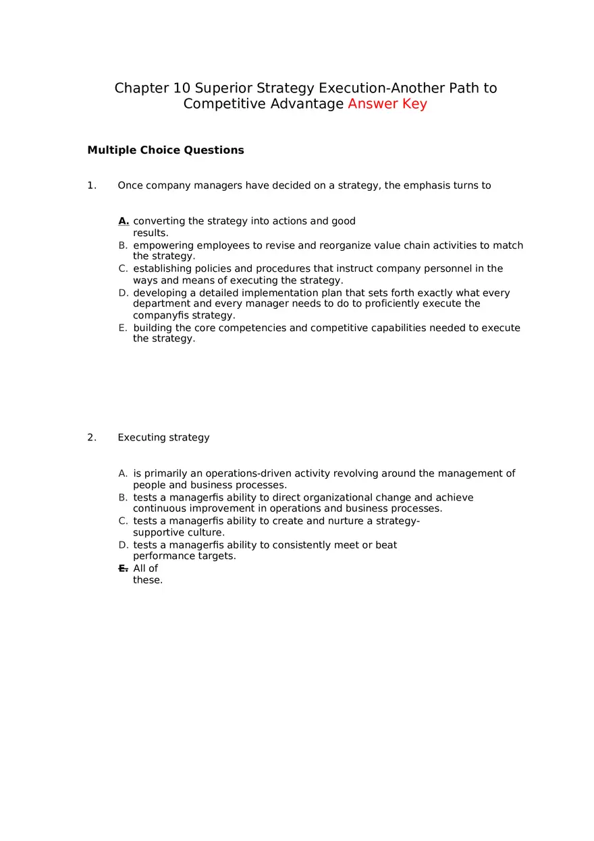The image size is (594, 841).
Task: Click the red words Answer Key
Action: (x=387, y=104)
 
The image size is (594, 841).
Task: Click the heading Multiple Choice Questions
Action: (x=165, y=150)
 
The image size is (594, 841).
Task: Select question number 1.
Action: (x=92, y=185)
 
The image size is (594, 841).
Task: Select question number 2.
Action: (x=92, y=438)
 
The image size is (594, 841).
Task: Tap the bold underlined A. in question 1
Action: (x=124, y=221)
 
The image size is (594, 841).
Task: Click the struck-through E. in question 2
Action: (x=123, y=569)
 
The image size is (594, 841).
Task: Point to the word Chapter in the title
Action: (x=142, y=88)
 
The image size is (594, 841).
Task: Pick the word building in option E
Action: (x=153, y=328)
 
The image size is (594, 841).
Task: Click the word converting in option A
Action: (x=159, y=221)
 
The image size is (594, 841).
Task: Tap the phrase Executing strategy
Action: (x=163, y=438)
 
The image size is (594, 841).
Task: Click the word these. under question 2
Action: (x=148, y=581)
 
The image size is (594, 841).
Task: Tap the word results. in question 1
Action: (x=151, y=233)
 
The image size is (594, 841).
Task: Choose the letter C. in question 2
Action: (x=123, y=521)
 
